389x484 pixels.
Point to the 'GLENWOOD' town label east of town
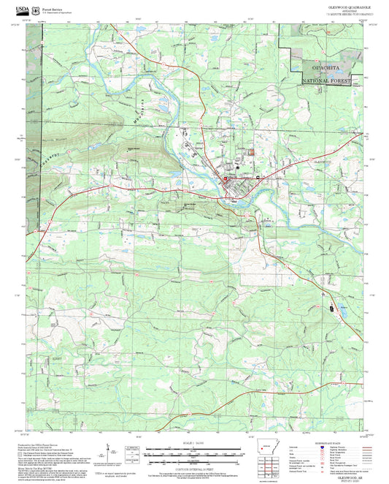pos(322,161)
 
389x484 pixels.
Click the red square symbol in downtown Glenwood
pos(226,179)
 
